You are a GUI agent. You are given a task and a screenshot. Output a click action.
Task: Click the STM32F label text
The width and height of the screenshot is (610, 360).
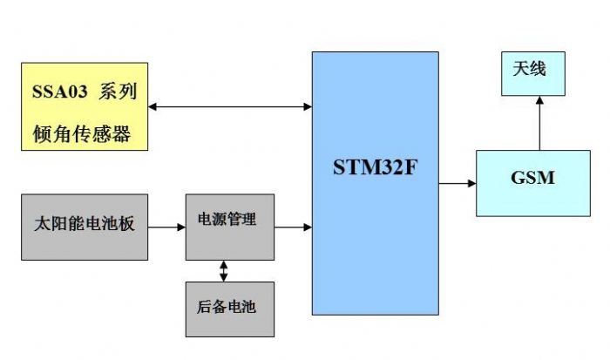(375, 167)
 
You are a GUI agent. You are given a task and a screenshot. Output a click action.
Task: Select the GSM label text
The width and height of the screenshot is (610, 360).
(532, 178)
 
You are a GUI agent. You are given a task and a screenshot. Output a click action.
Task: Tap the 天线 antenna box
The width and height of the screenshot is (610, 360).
(532, 72)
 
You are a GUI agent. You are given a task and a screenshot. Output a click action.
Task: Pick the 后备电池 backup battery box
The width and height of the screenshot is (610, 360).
(229, 308)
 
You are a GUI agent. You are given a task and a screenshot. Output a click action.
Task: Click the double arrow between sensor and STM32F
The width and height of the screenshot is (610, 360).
(230, 107)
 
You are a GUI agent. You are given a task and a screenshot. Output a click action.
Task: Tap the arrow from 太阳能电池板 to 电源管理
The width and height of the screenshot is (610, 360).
(166, 228)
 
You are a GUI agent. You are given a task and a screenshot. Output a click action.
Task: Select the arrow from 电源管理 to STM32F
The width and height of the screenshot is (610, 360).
(293, 228)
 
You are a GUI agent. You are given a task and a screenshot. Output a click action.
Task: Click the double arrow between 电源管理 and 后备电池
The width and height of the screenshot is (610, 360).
(224, 271)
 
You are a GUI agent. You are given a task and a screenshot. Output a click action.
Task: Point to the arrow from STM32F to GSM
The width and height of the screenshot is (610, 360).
(457, 184)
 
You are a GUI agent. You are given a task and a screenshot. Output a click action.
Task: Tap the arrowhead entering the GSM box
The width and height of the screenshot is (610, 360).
(471, 184)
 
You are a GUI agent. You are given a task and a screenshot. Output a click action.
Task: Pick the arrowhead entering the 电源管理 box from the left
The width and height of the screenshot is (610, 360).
(180, 228)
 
